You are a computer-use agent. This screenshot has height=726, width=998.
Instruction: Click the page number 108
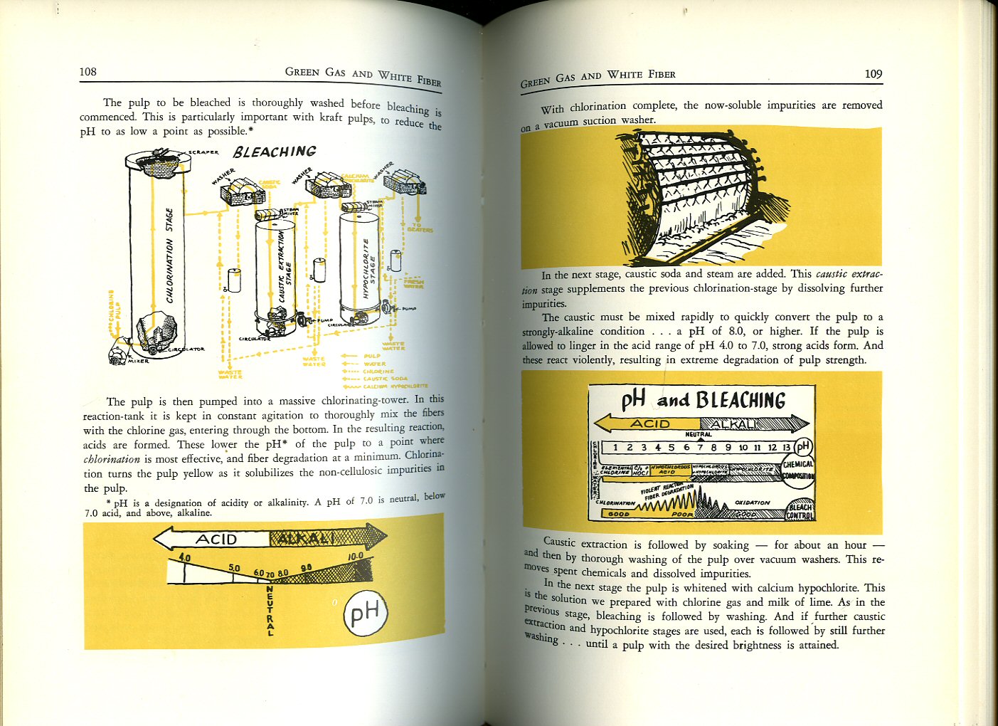pyautogui.click(x=87, y=71)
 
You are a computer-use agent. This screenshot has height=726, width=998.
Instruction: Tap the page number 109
pyautogui.click(x=873, y=74)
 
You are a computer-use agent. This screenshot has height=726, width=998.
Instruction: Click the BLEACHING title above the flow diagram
pyautogui.click(x=275, y=152)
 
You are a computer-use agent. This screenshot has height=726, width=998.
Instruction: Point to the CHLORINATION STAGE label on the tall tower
pyautogui.click(x=169, y=255)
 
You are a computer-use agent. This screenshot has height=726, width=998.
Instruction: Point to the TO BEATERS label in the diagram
pyautogui.click(x=420, y=228)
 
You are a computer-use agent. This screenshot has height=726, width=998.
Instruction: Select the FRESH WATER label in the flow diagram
pyautogui.click(x=413, y=283)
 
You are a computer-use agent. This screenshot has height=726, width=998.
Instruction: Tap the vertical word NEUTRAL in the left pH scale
pyautogui.click(x=270, y=610)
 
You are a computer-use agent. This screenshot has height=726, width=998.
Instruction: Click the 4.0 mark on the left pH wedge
pyautogui.click(x=184, y=558)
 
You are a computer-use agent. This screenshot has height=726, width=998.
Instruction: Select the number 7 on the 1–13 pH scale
pyautogui.click(x=700, y=448)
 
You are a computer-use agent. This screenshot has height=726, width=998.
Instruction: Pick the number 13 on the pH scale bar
pyautogui.click(x=786, y=448)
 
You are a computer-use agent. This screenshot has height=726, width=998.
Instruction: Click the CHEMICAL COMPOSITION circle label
pyautogui.click(x=798, y=470)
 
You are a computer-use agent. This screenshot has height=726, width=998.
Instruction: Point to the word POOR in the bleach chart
pyautogui.click(x=682, y=514)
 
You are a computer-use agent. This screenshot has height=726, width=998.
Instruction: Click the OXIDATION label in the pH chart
pyautogui.click(x=752, y=503)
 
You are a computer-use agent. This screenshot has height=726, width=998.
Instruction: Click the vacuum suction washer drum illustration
pyautogui.click(x=701, y=196)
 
